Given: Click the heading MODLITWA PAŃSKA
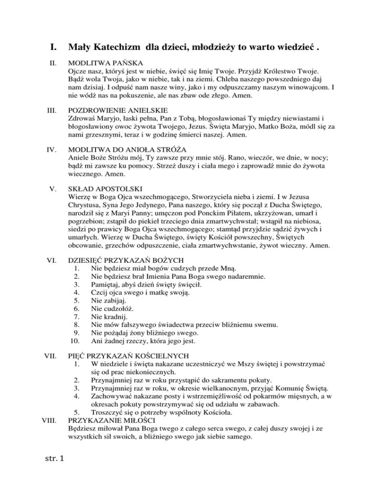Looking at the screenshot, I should tap(106, 63).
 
